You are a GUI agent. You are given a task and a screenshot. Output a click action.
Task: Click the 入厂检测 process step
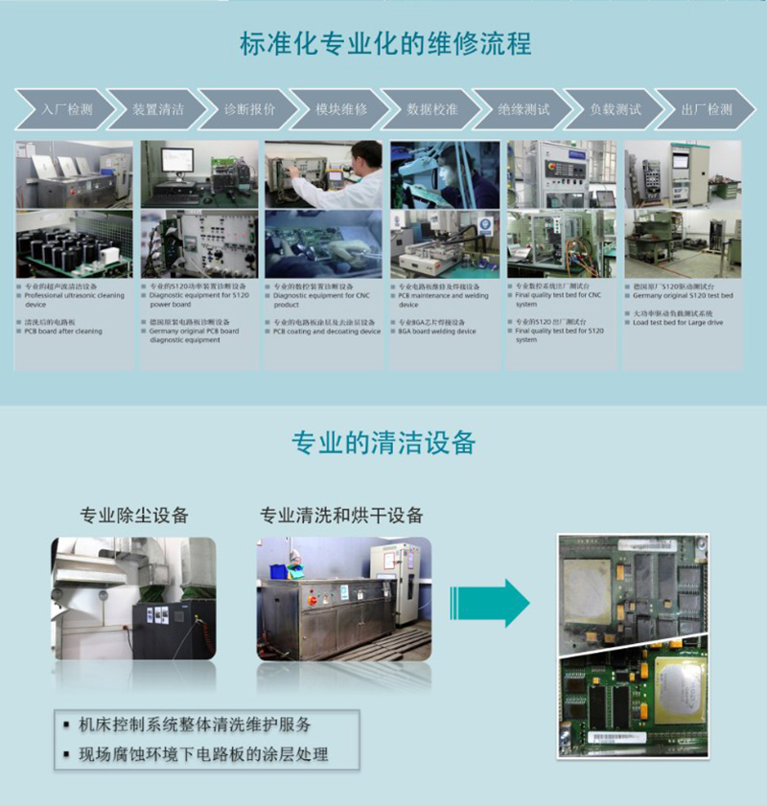(x=65, y=109)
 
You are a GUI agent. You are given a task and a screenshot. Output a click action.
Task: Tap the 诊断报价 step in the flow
(x=249, y=109)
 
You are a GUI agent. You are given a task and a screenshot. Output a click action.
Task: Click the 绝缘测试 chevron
(x=523, y=109)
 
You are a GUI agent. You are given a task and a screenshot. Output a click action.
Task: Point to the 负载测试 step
(x=615, y=109)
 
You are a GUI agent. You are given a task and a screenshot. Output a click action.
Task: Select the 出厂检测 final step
(x=706, y=109)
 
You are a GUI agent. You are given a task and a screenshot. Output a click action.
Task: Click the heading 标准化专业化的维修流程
(x=384, y=44)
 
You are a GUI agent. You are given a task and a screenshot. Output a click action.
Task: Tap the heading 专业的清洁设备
(x=383, y=443)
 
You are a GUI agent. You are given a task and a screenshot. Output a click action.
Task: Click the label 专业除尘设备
(x=134, y=515)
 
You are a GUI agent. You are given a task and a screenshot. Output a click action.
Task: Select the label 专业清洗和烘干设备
(x=341, y=515)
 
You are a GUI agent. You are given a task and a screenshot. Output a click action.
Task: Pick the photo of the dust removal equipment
(x=133, y=598)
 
